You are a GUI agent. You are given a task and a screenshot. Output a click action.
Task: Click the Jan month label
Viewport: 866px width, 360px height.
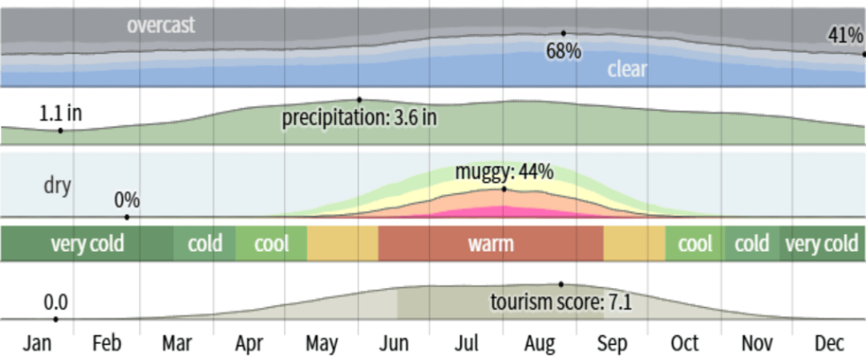pyautogui.click(x=37, y=343)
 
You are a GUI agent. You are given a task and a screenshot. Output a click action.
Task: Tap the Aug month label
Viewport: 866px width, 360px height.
pyautogui.click(x=540, y=343)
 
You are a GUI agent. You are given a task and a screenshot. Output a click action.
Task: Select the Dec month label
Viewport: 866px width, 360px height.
pyautogui.click(x=829, y=343)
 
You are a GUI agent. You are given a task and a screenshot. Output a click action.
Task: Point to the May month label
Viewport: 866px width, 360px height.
pyautogui.click(x=322, y=343)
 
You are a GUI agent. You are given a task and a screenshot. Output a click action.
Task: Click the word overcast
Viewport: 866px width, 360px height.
pyautogui.click(x=160, y=26)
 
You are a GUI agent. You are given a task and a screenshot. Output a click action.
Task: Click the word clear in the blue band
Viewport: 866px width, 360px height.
pyautogui.click(x=626, y=69)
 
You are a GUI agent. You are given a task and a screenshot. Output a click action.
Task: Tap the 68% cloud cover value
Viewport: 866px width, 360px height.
pyautogui.click(x=564, y=51)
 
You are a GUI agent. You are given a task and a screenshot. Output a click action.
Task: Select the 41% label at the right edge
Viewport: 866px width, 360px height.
pyautogui.click(x=845, y=35)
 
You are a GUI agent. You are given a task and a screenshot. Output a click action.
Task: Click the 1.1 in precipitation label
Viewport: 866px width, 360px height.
pyautogui.click(x=60, y=114)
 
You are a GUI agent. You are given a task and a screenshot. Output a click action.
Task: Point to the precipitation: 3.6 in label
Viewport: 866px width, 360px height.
pyautogui.click(x=359, y=117)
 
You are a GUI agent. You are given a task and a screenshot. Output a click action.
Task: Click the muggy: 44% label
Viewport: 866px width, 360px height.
pyautogui.click(x=504, y=172)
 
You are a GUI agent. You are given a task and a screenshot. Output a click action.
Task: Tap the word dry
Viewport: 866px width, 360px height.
pyautogui.click(x=57, y=186)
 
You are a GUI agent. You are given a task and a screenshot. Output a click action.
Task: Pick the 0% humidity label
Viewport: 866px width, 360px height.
pyautogui.click(x=127, y=199)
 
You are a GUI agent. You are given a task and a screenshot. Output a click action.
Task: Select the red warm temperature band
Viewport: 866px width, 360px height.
pyautogui.click(x=490, y=243)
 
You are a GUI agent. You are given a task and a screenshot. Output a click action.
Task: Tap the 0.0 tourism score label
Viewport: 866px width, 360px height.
pyautogui.click(x=55, y=302)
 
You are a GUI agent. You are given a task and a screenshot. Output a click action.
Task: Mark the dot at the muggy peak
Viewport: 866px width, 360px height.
pyautogui.click(x=504, y=189)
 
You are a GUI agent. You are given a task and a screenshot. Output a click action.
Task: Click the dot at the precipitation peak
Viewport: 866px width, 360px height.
pyautogui.click(x=360, y=99)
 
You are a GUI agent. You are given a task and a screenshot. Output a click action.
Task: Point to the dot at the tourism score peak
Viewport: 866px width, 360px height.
pyautogui.click(x=561, y=284)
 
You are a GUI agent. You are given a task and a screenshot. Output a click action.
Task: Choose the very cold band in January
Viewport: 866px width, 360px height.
pyautogui.click(x=87, y=243)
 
